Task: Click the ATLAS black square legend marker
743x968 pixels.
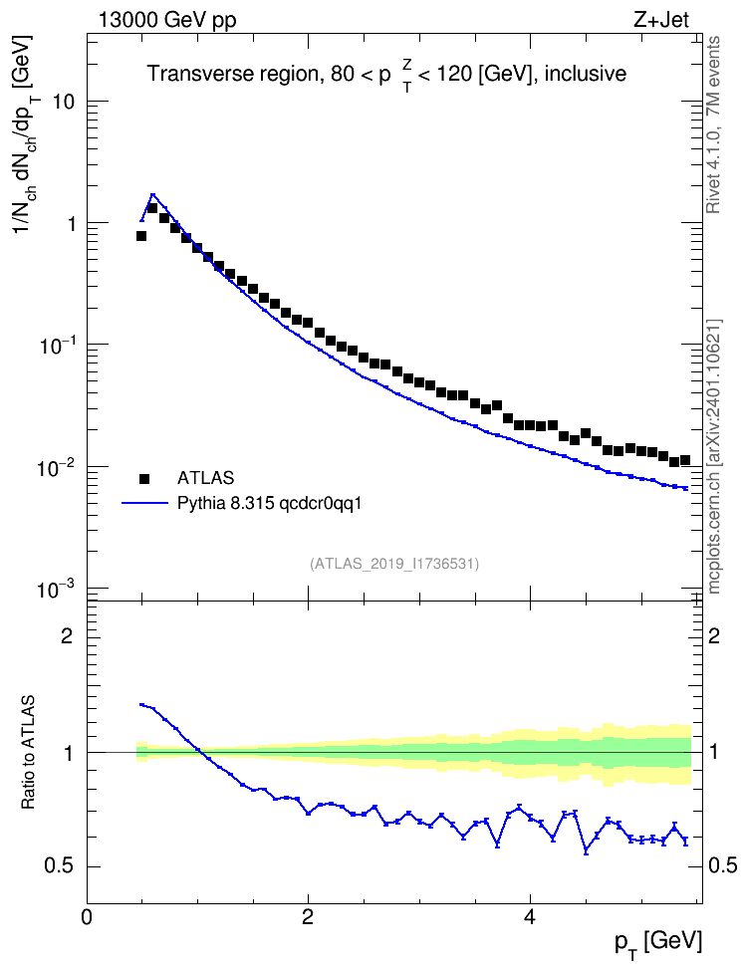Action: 144,478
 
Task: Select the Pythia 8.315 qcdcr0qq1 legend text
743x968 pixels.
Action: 269,504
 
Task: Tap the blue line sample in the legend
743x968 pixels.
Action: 144,504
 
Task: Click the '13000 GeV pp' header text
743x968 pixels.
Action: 167,21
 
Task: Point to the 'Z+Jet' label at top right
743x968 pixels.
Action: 661,20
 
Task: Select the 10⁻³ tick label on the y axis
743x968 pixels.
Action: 56,590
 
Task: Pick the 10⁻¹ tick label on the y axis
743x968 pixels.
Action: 56,346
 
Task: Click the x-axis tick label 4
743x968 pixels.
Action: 529,917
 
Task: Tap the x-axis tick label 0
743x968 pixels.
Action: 87,917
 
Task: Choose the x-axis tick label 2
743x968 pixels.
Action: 308,917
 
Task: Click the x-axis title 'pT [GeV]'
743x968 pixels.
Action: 658,943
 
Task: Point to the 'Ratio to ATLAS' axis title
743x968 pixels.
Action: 28,753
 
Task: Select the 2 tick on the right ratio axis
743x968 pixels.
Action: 714,636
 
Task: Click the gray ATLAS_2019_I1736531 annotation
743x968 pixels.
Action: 394,564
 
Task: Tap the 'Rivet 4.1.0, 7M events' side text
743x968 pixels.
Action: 713,124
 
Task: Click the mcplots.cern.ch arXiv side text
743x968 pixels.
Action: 714,457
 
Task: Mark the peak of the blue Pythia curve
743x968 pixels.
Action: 152,194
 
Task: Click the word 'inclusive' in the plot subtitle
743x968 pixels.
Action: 585,74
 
